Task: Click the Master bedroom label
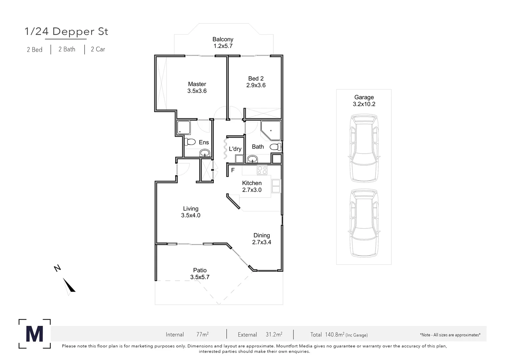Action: (197, 87)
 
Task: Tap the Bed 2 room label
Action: (256, 82)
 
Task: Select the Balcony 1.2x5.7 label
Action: (223, 43)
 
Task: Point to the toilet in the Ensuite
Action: (190, 142)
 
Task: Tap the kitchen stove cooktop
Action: (262, 170)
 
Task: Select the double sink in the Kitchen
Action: (276, 186)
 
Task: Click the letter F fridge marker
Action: (233, 170)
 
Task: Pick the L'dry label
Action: (235, 149)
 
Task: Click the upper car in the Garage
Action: (364, 148)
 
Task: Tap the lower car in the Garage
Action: (364, 223)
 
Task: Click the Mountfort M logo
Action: (35, 334)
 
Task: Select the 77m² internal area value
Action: (202, 334)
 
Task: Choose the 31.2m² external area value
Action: (274, 334)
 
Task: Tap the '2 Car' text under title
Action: (98, 49)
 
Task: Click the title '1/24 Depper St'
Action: (66, 31)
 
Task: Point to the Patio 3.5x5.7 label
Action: (200, 274)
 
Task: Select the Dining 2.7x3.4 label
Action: (261, 239)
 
